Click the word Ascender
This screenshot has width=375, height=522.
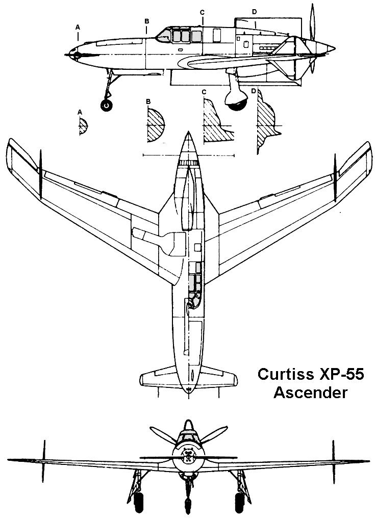tap(311, 393)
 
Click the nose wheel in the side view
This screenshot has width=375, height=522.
tap(107, 106)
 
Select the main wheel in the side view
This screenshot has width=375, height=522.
tap(238, 100)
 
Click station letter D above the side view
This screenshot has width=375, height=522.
tap(254, 11)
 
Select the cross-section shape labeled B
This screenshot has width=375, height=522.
tap(156, 124)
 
